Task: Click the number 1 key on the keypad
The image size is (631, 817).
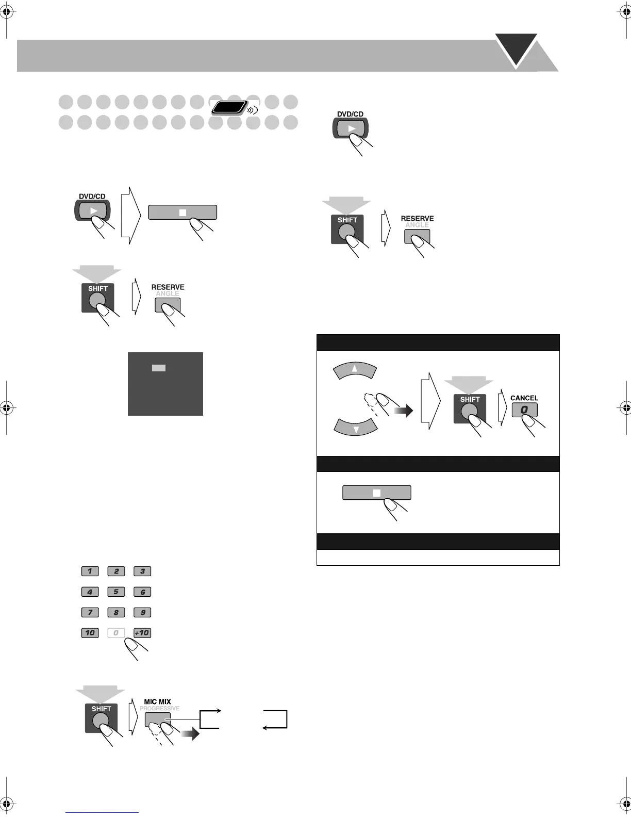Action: coord(90,571)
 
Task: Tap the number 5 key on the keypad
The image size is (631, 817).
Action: coord(116,592)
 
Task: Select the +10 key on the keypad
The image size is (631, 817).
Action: coord(142,633)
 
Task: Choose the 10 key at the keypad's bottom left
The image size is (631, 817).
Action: coord(90,633)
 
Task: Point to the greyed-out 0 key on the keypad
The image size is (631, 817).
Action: coord(116,633)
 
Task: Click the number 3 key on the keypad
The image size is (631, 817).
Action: coord(142,571)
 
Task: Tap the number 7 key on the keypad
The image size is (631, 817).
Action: coord(90,612)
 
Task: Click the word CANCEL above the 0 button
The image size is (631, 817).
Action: coord(524,398)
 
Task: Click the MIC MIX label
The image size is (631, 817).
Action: coord(157,701)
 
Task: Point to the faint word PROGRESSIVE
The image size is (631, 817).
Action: coord(160,708)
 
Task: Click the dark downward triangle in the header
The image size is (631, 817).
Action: coord(516,48)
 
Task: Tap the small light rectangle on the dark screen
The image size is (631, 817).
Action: coord(158,368)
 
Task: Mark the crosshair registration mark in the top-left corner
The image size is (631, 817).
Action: coord(7,14)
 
